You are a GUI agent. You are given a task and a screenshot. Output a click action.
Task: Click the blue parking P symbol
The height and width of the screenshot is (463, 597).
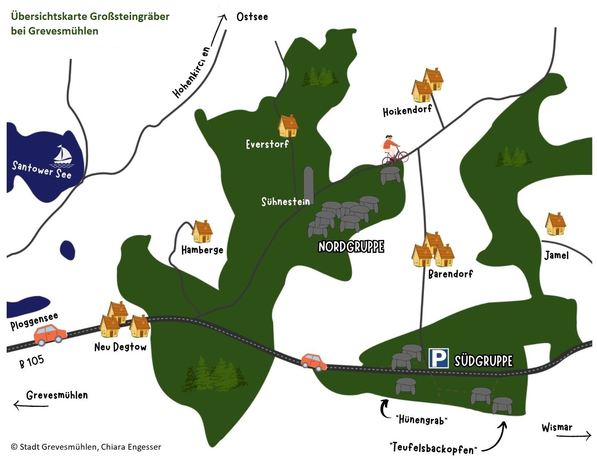click(x=439, y=358)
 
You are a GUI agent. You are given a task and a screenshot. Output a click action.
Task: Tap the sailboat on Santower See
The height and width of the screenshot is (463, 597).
click(x=63, y=155)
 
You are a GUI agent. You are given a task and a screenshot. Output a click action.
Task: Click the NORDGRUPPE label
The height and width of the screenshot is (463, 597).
click(x=351, y=247)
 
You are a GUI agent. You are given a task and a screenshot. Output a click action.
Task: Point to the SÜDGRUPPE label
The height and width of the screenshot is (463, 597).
click(x=484, y=361)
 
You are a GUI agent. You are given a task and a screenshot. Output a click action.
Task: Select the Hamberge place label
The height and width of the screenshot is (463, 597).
click(x=202, y=250)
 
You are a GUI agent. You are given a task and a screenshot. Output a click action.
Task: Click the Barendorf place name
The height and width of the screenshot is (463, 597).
click(x=450, y=274)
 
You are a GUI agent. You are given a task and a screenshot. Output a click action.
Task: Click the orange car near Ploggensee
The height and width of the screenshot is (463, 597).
click(x=50, y=335)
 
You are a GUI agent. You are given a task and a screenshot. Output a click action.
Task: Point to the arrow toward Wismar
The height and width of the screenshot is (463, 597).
click(x=574, y=436)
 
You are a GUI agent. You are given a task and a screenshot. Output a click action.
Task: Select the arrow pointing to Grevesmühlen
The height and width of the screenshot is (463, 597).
click(x=31, y=405)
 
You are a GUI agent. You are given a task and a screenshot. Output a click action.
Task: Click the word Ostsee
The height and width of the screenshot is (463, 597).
click(x=252, y=17)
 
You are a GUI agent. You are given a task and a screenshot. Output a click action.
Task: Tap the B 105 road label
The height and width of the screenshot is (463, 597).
click(x=32, y=361)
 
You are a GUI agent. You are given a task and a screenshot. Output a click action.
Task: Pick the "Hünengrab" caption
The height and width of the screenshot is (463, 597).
click(x=421, y=419)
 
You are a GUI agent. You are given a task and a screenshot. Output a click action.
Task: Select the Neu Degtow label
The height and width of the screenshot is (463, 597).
click(x=120, y=347)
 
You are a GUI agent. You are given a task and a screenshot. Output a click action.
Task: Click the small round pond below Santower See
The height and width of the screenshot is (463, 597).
click(x=67, y=250)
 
